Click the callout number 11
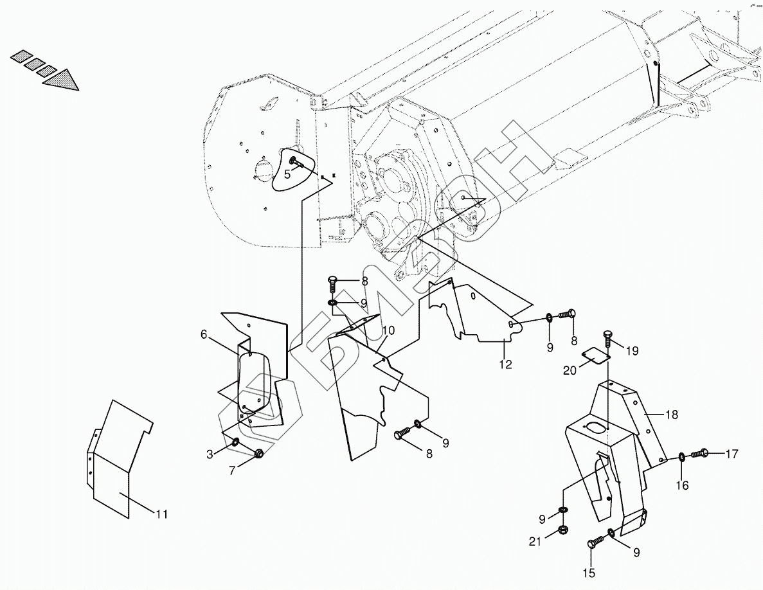click(161, 514)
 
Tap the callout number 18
click(671, 415)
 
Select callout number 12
click(505, 365)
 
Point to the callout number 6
click(204, 334)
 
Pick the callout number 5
click(287, 174)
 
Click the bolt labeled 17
click(700, 454)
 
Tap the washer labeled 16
click(680, 458)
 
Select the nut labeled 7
click(258, 454)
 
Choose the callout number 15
click(589, 573)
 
